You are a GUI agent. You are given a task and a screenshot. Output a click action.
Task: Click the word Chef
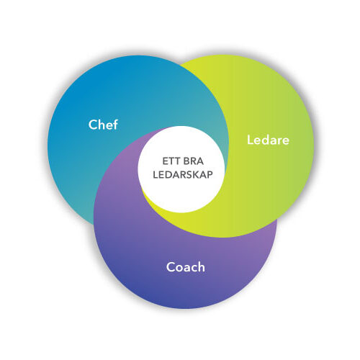(x=103, y=125)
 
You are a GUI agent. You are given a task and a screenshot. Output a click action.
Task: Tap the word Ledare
(x=268, y=140)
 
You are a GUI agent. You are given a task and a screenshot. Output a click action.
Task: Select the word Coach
(x=186, y=267)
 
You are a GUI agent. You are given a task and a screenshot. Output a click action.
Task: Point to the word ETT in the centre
(x=170, y=161)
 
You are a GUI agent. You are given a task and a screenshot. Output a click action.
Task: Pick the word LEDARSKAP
(x=183, y=174)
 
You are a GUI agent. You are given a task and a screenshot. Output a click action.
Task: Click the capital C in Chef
(x=93, y=125)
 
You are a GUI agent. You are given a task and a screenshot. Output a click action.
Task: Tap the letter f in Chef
(x=115, y=125)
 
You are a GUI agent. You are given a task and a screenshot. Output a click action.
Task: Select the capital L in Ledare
(x=251, y=140)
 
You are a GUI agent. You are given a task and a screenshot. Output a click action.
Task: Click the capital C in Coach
(x=171, y=267)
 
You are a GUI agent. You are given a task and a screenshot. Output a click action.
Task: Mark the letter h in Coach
(x=202, y=267)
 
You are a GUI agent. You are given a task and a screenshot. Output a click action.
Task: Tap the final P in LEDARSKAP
(x=210, y=175)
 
